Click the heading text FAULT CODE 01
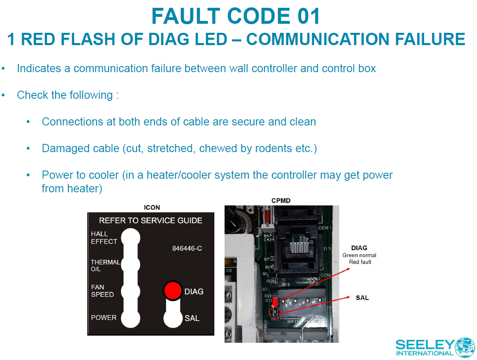click(236, 16)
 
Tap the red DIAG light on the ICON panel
click(173, 290)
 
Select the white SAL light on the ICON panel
click(173, 318)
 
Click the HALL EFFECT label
click(104, 238)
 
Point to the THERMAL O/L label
click(105, 266)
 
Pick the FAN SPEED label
click(102, 291)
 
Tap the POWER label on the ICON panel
click(104, 317)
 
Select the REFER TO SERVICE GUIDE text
click(150, 221)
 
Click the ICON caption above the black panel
click(152, 207)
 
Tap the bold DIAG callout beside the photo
click(359, 248)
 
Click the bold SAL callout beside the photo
click(362, 298)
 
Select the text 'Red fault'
click(360, 262)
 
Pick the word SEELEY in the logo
click(425, 344)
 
